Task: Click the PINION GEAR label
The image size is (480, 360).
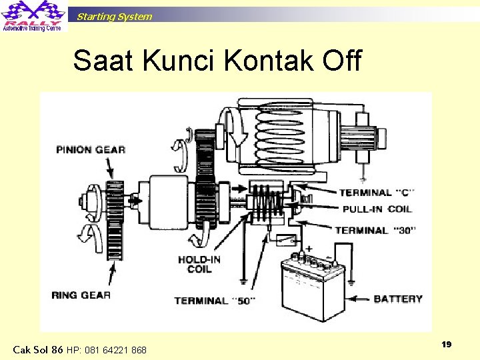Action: coord(91,149)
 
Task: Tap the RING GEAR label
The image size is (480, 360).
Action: coord(81,295)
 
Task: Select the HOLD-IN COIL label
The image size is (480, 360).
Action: coord(200,264)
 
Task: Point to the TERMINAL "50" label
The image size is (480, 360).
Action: coord(215,301)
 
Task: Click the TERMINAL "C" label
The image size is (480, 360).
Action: coord(377,193)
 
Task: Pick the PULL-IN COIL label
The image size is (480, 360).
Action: coord(377,209)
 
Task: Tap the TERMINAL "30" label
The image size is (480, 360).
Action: coord(375,231)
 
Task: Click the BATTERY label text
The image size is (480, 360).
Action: coord(398,299)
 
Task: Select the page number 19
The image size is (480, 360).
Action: coord(447,344)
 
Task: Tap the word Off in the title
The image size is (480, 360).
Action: coord(341,61)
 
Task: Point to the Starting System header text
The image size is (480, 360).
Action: coord(114,17)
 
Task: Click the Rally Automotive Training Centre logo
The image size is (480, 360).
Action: coord(33,16)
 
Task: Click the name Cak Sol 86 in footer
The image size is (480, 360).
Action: coord(38,350)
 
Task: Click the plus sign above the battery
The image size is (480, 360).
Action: coord(309,249)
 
